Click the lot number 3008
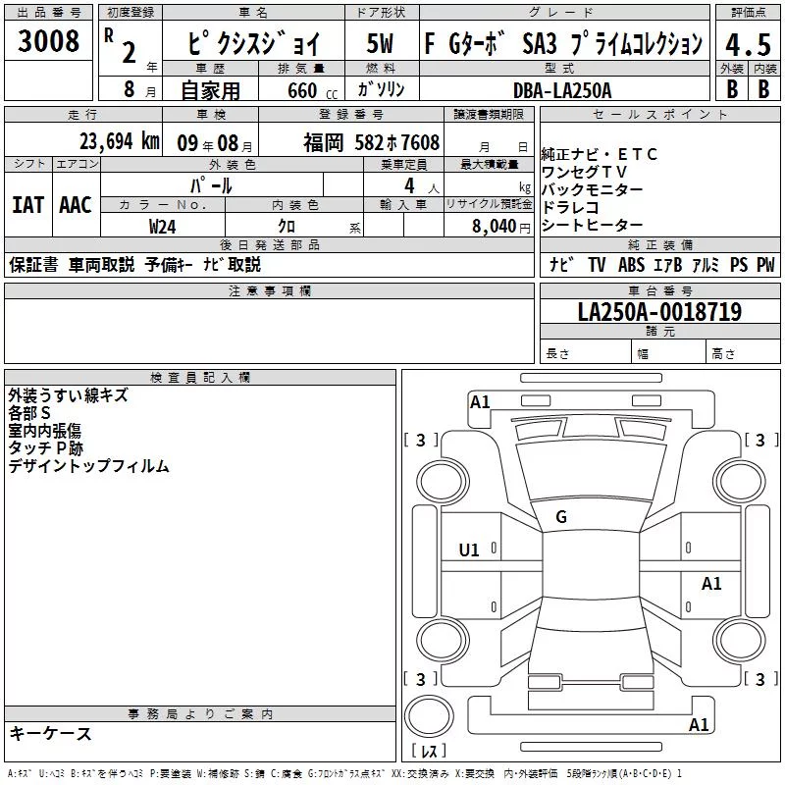pyautogui.click(x=48, y=41)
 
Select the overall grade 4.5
pyautogui.click(x=748, y=45)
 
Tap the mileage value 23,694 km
pyautogui.click(x=120, y=141)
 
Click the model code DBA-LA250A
pyautogui.click(x=562, y=90)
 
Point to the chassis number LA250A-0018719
pyautogui.click(x=659, y=311)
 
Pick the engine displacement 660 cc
pyautogui.click(x=312, y=91)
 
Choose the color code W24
pyautogui.click(x=162, y=227)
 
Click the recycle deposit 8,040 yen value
pyautogui.click(x=501, y=227)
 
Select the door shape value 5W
pyautogui.click(x=380, y=43)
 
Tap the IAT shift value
pyautogui.click(x=28, y=205)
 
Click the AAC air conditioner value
pyautogui.click(x=76, y=205)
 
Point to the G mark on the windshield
pyautogui.click(x=561, y=517)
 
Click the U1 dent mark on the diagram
pyautogui.click(x=469, y=550)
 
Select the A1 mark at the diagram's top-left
pyautogui.click(x=480, y=402)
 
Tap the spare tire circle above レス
pyautogui.click(x=429, y=716)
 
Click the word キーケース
pyautogui.click(x=51, y=733)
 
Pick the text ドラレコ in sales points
pyautogui.click(x=570, y=207)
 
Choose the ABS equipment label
pyautogui.click(x=631, y=264)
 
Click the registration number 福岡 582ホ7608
pyautogui.click(x=372, y=143)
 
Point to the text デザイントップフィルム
pyautogui.click(x=88, y=466)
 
